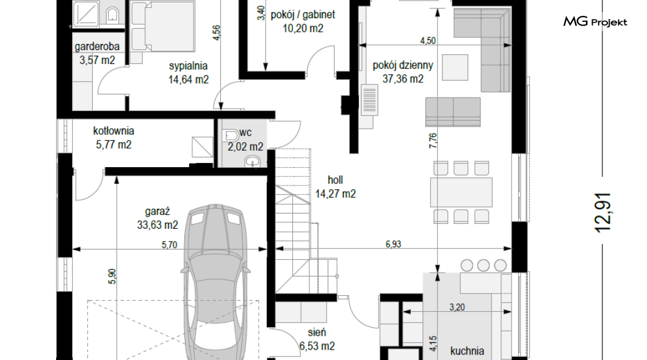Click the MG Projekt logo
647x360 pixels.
click(x=595, y=22)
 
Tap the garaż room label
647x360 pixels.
click(x=157, y=212)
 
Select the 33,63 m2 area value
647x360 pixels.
click(x=157, y=225)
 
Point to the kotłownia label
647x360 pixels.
click(x=114, y=131)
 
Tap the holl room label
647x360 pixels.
click(x=335, y=180)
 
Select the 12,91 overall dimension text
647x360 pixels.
click(x=603, y=212)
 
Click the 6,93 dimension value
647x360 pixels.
click(x=393, y=244)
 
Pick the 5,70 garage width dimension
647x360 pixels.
click(x=169, y=245)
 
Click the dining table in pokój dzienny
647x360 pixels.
click(x=461, y=192)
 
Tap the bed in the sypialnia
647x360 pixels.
click(x=162, y=26)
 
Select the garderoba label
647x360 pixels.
click(x=97, y=46)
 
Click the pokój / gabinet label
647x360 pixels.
click(x=303, y=15)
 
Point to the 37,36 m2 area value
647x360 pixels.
click(x=403, y=79)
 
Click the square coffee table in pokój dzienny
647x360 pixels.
click(x=455, y=67)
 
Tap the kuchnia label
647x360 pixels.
click(x=467, y=351)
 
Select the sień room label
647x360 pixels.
click(x=317, y=333)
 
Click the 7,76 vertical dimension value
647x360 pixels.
click(x=432, y=140)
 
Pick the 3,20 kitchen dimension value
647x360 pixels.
click(x=457, y=307)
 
